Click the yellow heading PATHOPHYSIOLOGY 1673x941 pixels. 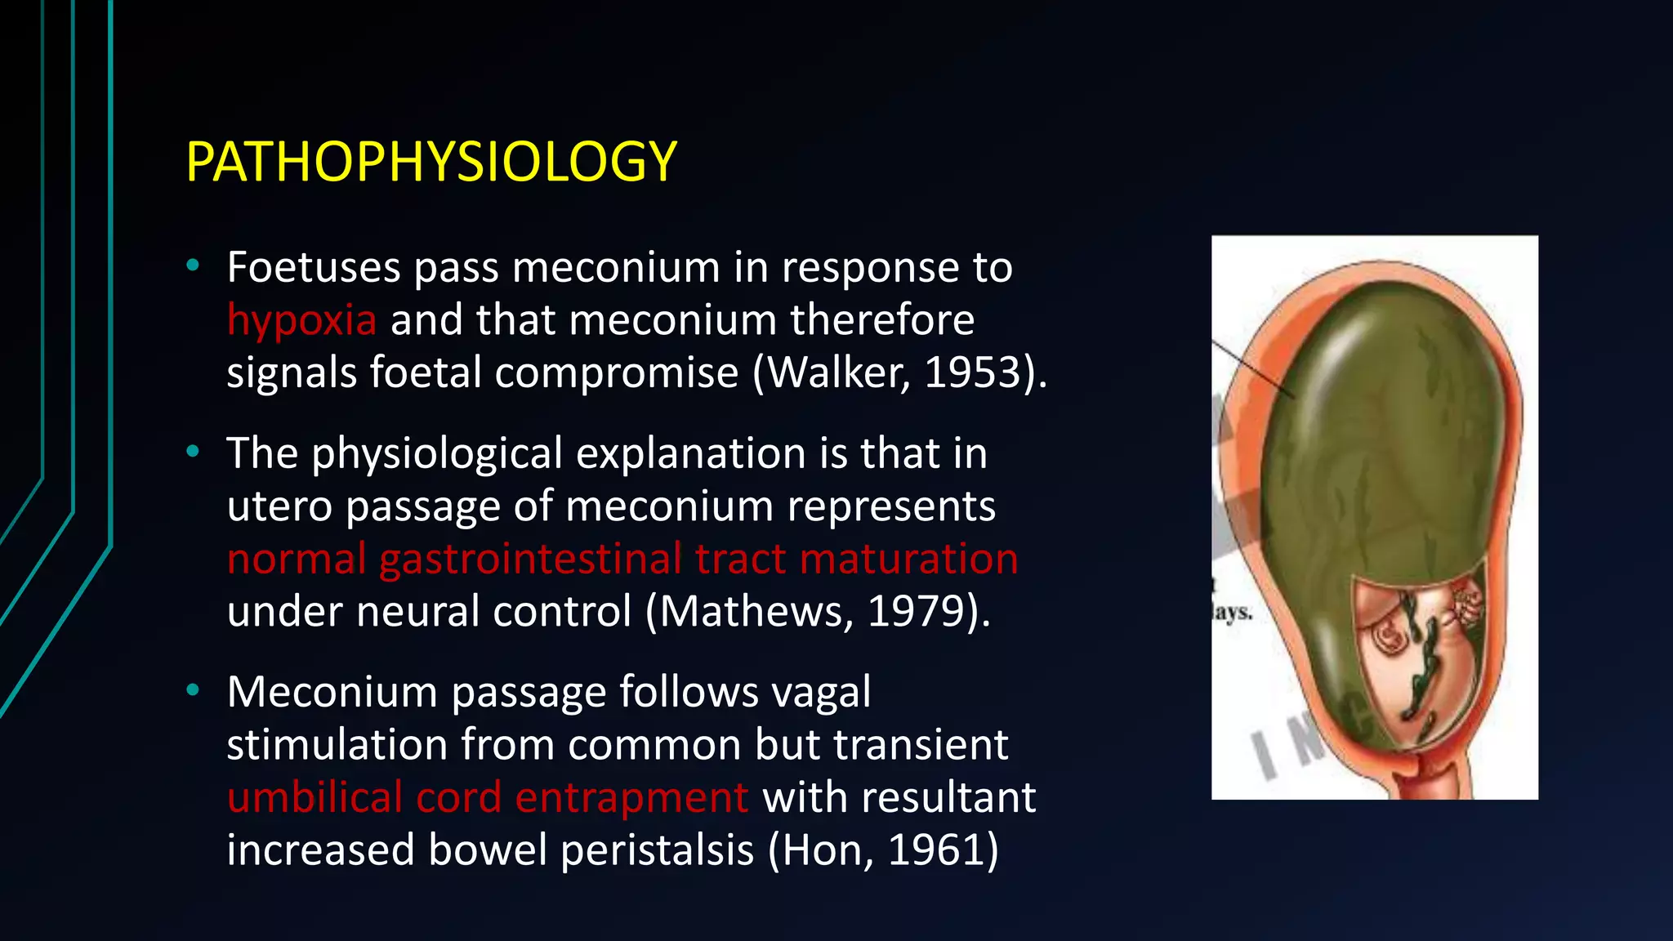(431, 162)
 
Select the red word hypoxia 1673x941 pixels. (301, 320)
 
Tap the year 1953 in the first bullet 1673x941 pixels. (974, 372)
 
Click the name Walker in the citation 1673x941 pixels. (836, 372)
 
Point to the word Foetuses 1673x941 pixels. (314, 267)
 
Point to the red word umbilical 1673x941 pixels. (315, 797)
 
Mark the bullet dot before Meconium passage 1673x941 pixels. (193, 691)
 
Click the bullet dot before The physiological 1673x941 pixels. (193, 452)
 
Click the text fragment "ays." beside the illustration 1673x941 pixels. (1232, 612)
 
